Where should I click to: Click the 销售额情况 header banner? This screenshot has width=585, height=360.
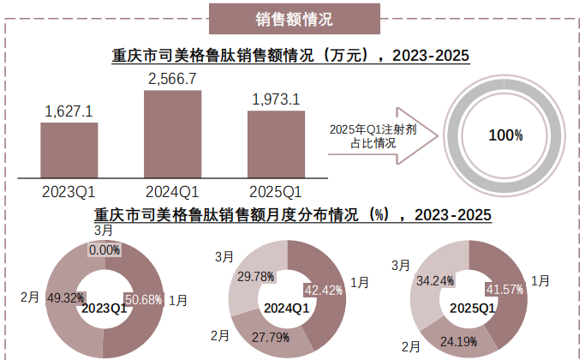coord(293,17)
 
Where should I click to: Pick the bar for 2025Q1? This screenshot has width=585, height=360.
coord(276,144)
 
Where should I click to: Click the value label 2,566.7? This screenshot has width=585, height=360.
coord(172,78)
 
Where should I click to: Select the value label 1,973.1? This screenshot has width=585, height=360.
coord(276,99)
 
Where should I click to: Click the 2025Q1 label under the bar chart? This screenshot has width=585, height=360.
coord(276,191)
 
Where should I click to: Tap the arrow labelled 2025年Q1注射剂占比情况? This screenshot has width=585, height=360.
coord(377,135)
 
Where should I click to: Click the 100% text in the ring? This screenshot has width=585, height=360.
coord(505,135)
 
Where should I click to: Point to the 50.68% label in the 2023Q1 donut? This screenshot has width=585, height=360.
coord(143,299)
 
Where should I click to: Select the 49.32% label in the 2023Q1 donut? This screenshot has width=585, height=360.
coord(64,298)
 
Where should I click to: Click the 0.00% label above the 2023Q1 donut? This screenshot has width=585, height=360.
coord(104,249)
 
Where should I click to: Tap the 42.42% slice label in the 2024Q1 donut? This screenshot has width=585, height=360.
coord(323,290)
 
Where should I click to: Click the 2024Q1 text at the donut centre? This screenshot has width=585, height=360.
coord(286,308)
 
